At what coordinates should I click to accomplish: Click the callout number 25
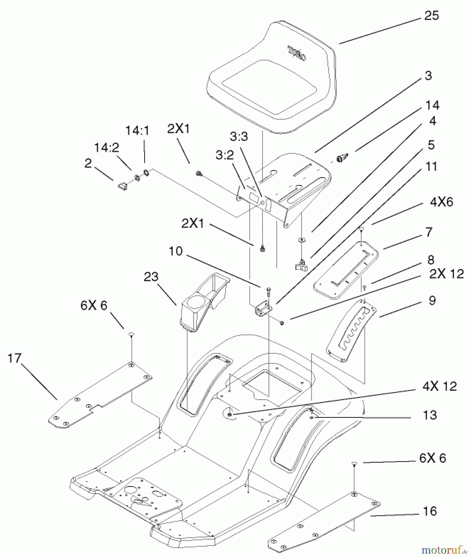[431, 15]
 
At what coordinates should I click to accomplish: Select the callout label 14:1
[137, 131]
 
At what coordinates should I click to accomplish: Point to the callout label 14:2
[106, 148]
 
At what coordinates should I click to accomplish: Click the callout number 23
[151, 277]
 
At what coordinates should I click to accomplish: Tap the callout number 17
[15, 358]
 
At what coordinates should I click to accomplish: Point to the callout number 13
[430, 415]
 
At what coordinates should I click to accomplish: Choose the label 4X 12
[439, 386]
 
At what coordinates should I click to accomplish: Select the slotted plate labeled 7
[346, 270]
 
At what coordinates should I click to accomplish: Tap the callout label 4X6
[442, 202]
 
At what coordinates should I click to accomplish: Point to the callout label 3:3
[239, 136]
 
